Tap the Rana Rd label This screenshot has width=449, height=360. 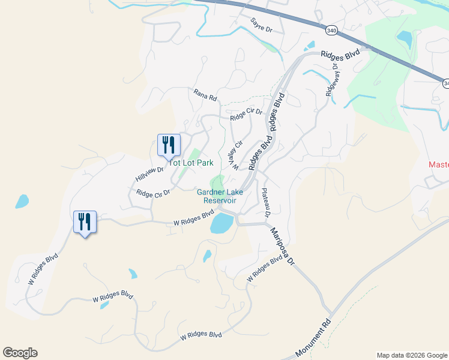(x=205, y=94)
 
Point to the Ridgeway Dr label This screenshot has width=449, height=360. (x=333, y=82)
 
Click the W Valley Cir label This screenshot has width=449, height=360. (x=235, y=154)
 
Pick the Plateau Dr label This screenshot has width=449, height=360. (x=266, y=203)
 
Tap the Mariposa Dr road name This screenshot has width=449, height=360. (x=282, y=245)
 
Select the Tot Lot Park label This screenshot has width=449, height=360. (x=191, y=163)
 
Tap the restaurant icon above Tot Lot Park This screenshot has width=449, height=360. (x=168, y=145)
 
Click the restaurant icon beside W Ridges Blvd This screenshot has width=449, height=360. (x=84, y=222)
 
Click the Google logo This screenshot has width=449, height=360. (x=20, y=353)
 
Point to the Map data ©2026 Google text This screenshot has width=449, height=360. (x=411, y=355)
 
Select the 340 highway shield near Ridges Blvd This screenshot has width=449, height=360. (x=331, y=29)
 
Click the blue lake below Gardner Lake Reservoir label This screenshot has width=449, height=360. (x=221, y=224)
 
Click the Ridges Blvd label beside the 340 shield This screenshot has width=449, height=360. (x=340, y=54)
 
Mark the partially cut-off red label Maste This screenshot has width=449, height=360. (x=439, y=164)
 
